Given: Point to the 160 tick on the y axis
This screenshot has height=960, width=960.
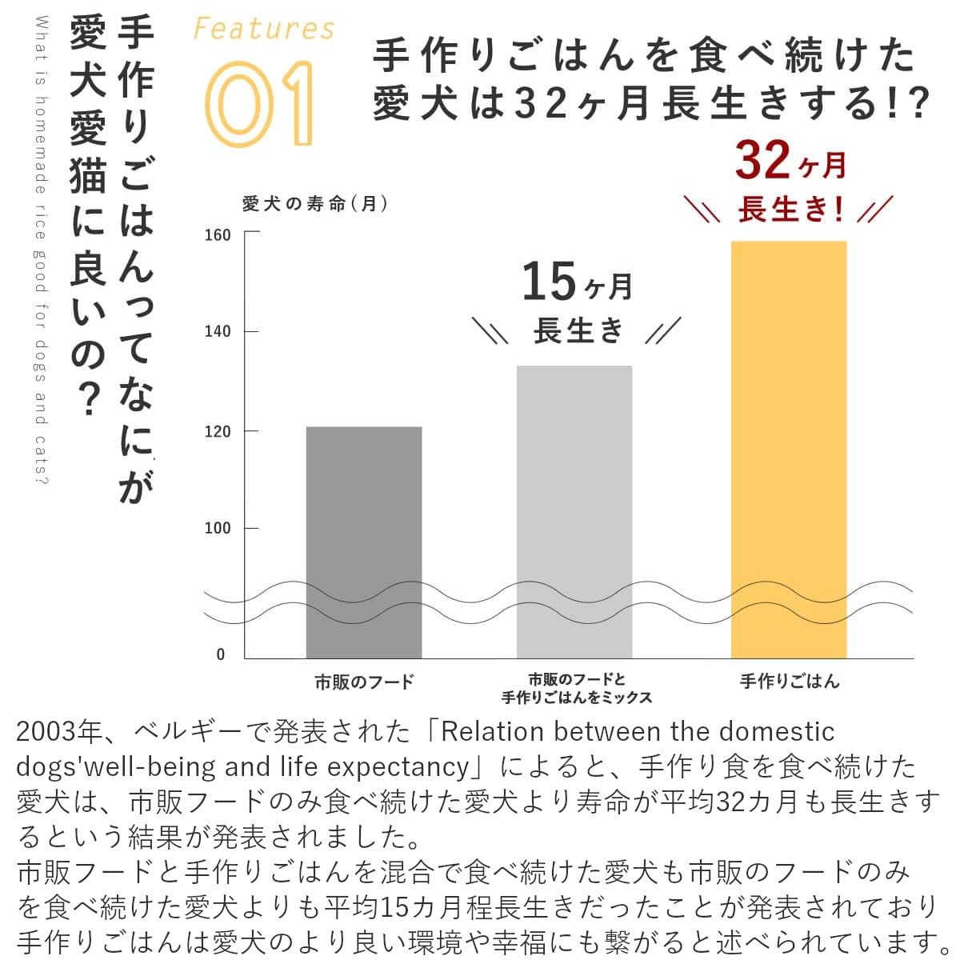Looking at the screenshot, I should click(218, 235).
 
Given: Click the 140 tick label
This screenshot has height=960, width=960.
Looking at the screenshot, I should click(218, 332).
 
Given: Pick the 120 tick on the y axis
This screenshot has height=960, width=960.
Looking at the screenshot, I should click(218, 432).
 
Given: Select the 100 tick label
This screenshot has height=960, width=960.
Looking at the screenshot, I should click(218, 529).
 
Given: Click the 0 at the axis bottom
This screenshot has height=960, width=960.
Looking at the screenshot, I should click(222, 654).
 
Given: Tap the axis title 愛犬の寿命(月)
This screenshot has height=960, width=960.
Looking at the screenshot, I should click(315, 204).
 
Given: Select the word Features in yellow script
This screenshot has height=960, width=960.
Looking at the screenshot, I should click(264, 30).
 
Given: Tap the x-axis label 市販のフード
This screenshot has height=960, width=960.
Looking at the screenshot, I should click(364, 682).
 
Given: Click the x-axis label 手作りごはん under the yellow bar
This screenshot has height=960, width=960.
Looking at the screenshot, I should click(789, 682).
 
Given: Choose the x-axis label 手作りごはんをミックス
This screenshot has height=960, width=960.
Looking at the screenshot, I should click(576, 698).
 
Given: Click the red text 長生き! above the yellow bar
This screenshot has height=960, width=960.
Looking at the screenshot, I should click(790, 210).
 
